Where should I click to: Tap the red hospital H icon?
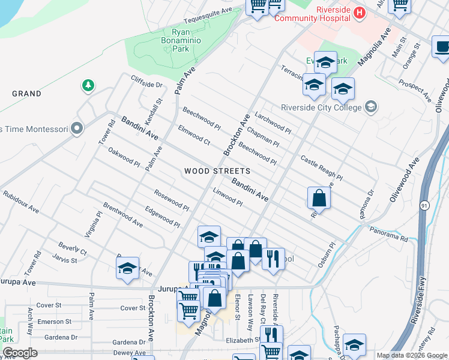click(x=359, y=12)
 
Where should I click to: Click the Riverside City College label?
click(x=321, y=108)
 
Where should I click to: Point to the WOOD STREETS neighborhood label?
click(x=217, y=171)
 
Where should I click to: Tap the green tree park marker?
click(x=88, y=86)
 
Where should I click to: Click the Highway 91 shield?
click(x=424, y=206)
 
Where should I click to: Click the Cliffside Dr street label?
click(x=147, y=85)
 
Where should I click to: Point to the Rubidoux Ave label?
click(x=20, y=203)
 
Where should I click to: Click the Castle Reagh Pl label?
click(x=321, y=169)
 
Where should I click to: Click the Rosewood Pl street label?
click(x=172, y=200)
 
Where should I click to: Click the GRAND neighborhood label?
click(x=26, y=94)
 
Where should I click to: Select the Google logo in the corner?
click(x=20, y=353)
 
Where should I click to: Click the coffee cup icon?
click(x=442, y=47)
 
